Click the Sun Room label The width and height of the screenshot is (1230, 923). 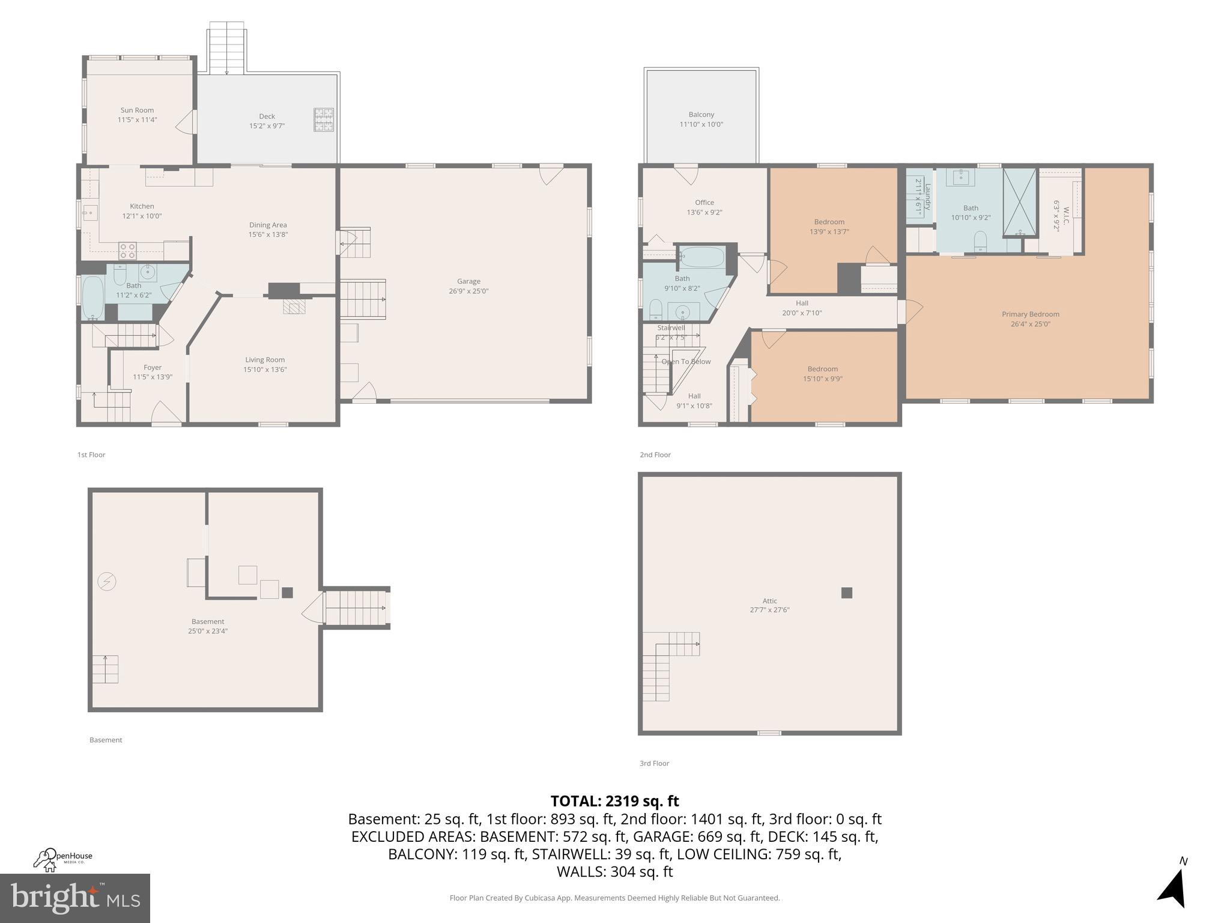click(137, 110)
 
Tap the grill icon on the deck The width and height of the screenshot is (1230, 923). click(323, 119)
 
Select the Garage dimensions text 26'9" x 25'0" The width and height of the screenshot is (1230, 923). click(468, 291)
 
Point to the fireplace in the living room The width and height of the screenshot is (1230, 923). click(294, 308)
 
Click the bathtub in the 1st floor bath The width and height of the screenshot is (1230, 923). click(92, 298)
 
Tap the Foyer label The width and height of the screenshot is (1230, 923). click(153, 367)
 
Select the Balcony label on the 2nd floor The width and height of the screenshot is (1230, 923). click(701, 114)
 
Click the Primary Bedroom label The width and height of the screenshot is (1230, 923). click(1030, 314)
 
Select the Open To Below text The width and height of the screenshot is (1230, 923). click(686, 362)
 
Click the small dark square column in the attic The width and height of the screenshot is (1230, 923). click(846, 593)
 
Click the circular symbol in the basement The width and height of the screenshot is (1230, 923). click(107, 582)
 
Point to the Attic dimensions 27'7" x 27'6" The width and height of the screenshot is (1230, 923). click(769, 610)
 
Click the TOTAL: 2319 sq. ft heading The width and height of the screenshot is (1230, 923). click(614, 801)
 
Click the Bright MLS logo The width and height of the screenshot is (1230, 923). click(75, 898)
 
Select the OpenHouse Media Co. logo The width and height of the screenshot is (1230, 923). click(62, 859)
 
